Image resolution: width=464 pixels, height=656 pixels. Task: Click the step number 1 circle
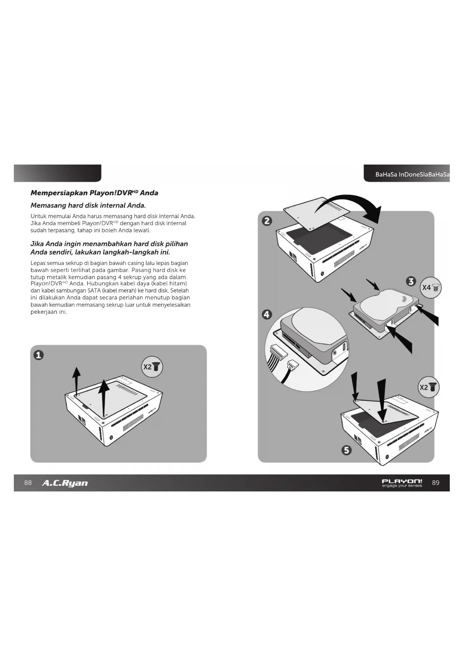pyautogui.click(x=39, y=355)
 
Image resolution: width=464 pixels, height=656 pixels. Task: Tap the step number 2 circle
pyautogui.click(x=267, y=221)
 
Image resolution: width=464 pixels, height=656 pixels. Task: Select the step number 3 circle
pyautogui.click(x=411, y=281)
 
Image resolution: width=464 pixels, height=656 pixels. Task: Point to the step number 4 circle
pyautogui.click(x=267, y=315)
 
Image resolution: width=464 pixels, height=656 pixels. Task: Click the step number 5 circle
pyautogui.click(x=347, y=450)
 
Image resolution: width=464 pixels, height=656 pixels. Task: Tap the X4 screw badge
pyautogui.click(x=431, y=288)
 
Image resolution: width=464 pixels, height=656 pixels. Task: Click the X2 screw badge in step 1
pyautogui.click(x=152, y=367)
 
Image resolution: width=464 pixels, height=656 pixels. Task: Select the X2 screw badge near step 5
pyautogui.click(x=428, y=387)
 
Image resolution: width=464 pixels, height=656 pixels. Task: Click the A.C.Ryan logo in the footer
pyautogui.click(x=65, y=483)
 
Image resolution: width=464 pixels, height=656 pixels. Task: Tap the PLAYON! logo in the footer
pyautogui.click(x=402, y=483)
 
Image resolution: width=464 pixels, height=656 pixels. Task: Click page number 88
pyautogui.click(x=28, y=483)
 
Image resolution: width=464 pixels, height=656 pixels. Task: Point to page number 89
pyautogui.click(x=436, y=483)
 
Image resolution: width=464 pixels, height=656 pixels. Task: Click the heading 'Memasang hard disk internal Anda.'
pyautogui.click(x=88, y=205)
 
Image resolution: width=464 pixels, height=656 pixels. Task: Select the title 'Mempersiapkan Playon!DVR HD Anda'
pyautogui.click(x=94, y=193)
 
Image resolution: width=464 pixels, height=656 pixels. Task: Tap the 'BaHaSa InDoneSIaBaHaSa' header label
pyautogui.click(x=412, y=175)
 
